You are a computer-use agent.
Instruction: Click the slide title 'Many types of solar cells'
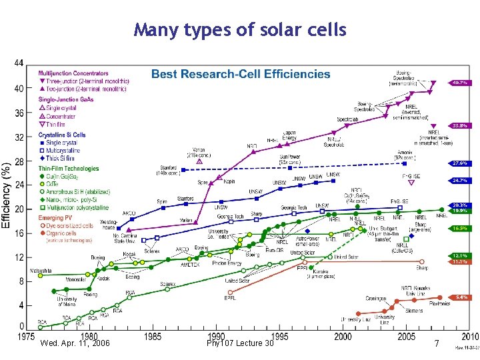coord(240,30)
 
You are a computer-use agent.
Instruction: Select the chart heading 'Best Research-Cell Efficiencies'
coord(240,74)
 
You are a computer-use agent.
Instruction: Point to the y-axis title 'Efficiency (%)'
coord(6,197)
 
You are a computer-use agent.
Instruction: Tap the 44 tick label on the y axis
coord(19,63)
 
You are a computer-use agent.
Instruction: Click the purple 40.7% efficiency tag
coord(459,83)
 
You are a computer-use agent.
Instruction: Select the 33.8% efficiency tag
coord(459,125)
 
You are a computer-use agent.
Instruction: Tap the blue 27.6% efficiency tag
coord(459,163)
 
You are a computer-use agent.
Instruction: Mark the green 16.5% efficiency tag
coord(459,228)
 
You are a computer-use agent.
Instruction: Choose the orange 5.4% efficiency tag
coord(459,297)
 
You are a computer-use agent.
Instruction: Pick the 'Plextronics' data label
coord(439,303)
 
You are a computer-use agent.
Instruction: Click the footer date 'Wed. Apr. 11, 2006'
coord(75,343)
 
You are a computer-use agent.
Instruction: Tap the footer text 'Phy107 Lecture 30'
coord(240,343)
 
